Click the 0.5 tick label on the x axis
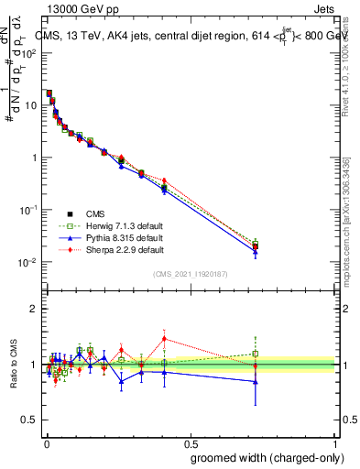(191, 442)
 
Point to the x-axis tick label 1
(336, 442)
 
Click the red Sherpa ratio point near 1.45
(164, 339)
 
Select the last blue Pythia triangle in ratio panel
(256, 381)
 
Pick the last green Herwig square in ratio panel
(256, 354)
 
